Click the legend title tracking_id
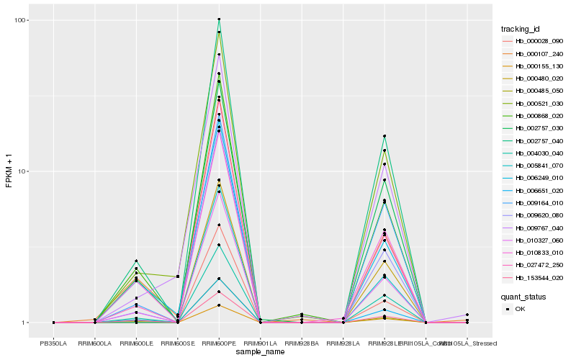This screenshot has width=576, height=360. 521,29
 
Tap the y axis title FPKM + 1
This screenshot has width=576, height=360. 9,171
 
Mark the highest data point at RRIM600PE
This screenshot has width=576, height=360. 219,19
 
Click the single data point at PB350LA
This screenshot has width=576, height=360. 54,323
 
